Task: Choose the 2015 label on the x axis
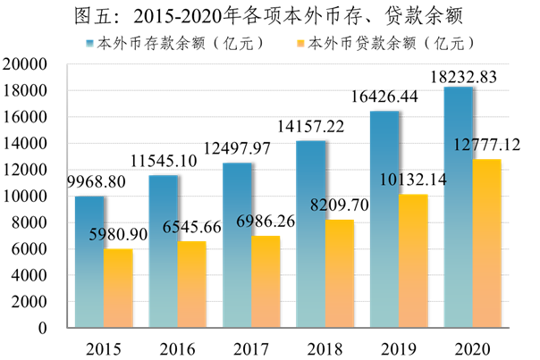pos(103,345)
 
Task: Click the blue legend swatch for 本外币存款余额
pos(91,42)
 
